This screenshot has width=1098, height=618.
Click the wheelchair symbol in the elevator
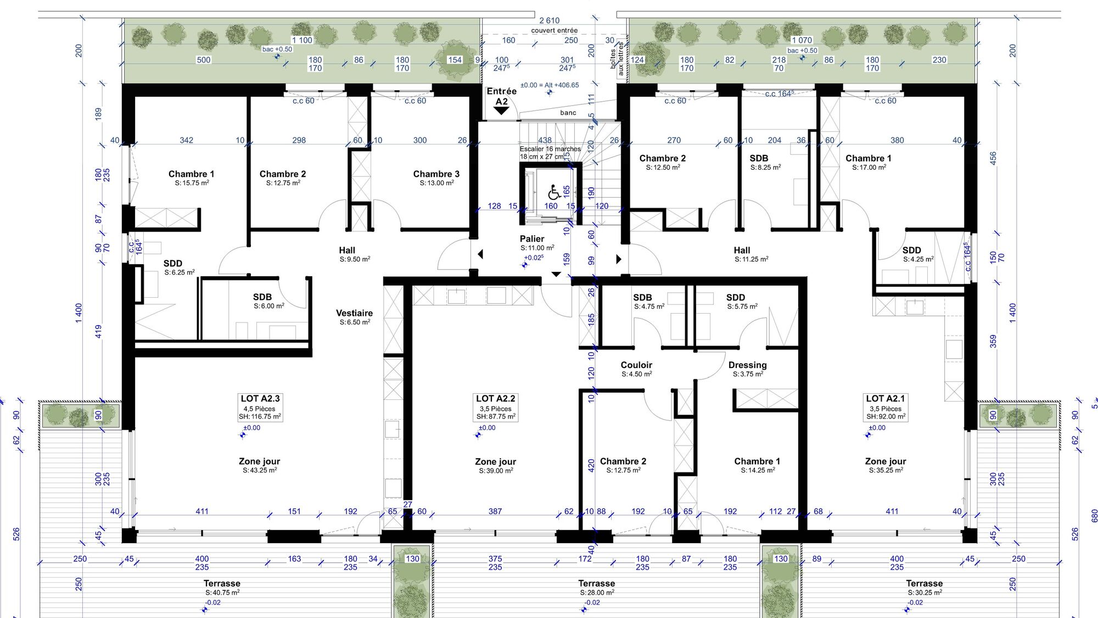click(x=554, y=192)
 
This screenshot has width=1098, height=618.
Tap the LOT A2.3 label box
click(x=260, y=407)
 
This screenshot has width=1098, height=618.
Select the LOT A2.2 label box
click(x=496, y=407)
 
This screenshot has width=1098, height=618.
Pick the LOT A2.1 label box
click(x=886, y=407)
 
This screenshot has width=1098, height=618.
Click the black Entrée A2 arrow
click(x=501, y=110)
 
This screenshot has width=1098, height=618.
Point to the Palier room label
click(x=532, y=238)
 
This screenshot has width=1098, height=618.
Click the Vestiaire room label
click(x=355, y=313)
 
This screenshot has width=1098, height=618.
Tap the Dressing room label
click(x=748, y=365)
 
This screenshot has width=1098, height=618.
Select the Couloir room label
click(x=636, y=365)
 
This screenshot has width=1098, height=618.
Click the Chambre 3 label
click(x=436, y=174)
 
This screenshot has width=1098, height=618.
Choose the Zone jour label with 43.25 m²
click(x=260, y=461)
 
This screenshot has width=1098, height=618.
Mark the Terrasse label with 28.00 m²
click(x=597, y=583)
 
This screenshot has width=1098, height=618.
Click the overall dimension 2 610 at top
click(x=550, y=20)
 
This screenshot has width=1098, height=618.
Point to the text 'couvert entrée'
click(x=554, y=30)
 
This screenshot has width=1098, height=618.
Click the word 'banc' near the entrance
click(x=568, y=113)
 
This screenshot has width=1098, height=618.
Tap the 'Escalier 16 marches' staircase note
click(x=550, y=149)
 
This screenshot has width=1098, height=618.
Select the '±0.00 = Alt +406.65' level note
click(x=550, y=85)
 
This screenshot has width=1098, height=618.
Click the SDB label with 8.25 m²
click(x=759, y=158)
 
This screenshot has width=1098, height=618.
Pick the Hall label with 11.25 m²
click(x=742, y=250)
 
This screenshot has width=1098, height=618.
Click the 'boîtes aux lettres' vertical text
click(x=617, y=58)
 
